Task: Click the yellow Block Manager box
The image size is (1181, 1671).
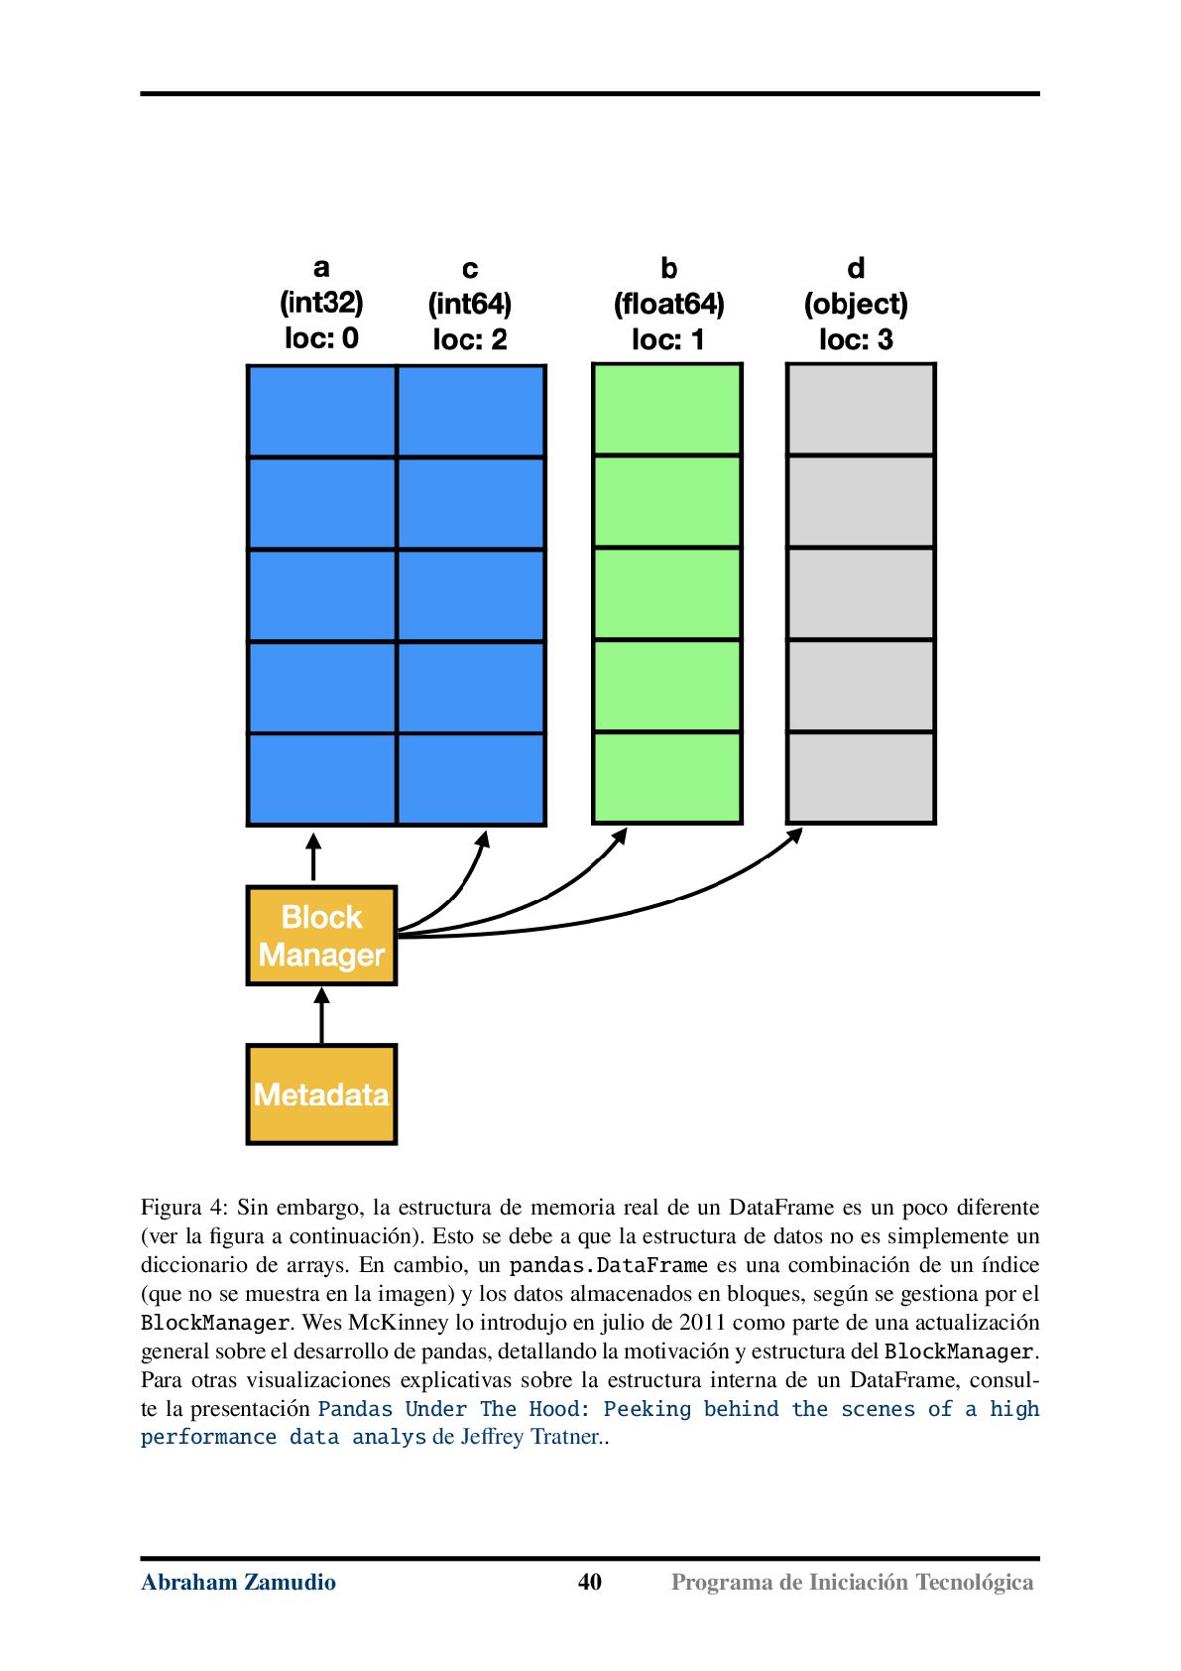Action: (321, 936)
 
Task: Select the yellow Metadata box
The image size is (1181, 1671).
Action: (321, 1093)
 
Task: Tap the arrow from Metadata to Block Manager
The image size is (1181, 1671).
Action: (321, 1014)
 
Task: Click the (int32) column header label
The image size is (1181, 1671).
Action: (321, 303)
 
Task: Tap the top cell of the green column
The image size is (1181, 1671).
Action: (667, 409)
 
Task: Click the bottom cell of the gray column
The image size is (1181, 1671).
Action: (861, 777)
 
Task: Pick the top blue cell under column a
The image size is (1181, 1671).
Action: (321, 410)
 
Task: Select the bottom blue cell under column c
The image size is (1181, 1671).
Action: (471, 780)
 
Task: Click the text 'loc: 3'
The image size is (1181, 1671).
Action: (856, 339)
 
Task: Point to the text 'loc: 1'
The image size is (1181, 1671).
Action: (668, 339)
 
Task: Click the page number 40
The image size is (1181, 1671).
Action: (590, 1582)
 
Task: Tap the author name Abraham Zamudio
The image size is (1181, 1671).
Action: (239, 1582)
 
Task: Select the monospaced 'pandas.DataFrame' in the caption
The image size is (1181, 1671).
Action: (609, 1265)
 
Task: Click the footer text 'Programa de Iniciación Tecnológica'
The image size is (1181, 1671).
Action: (852, 1583)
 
